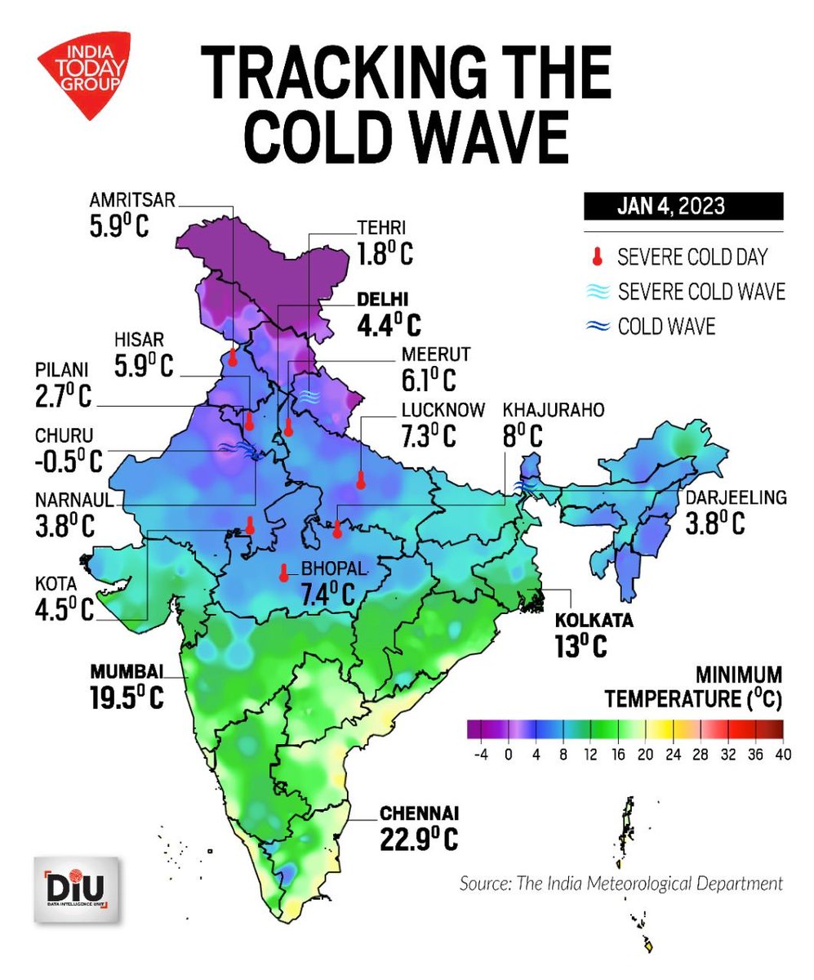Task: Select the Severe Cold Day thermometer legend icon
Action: coord(598,257)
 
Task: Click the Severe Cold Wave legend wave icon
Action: coord(598,292)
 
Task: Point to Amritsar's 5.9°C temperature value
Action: coord(119,225)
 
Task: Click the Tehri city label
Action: coord(381,229)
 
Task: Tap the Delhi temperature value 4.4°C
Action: coord(389,326)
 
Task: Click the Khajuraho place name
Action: coord(554,410)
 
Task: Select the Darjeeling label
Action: coord(734,497)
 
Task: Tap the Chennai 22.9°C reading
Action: coord(418,838)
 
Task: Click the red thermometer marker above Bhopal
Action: coord(283,572)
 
